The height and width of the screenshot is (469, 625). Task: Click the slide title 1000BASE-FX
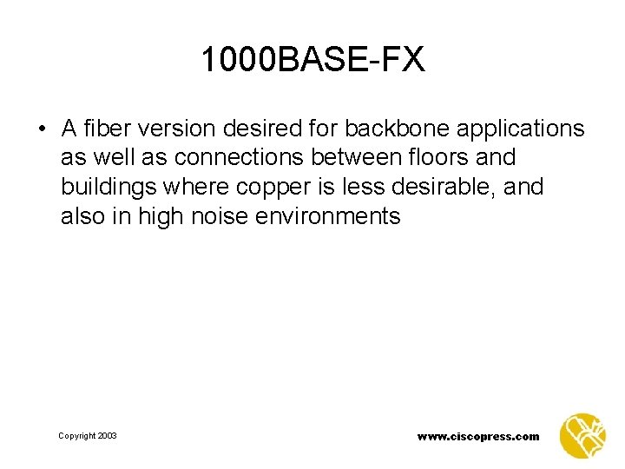[x=312, y=59]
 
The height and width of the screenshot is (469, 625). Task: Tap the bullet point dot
[x=42, y=130]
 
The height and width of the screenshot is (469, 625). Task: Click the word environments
[x=328, y=216]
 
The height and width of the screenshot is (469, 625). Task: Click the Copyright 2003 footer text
[x=88, y=435]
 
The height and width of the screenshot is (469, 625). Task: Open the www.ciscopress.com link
[x=477, y=436]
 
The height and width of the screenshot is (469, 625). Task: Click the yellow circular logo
[x=582, y=434]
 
